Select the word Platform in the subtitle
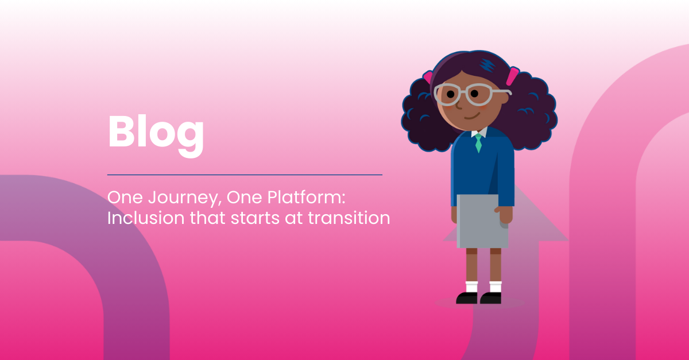(x=306, y=197)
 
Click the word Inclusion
(x=146, y=218)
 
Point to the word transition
(x=349, y=218)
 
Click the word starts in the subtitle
(x=256, y=218)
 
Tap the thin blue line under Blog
(x=245, y=175)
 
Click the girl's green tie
(x=478, y=143)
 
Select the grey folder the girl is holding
(x=482, y=221)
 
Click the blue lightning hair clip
(x=487, y=65)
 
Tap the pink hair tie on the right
(x=512, y=76)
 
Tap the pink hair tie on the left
(x=428, y=77)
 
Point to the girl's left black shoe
(x=467, y=298)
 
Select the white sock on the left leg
(x=471, y=287)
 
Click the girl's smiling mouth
(x=472, y=116)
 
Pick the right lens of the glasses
(x=479, y=95)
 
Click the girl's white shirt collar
(x=479, y=132)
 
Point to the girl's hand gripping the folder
(x=504, y=215)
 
